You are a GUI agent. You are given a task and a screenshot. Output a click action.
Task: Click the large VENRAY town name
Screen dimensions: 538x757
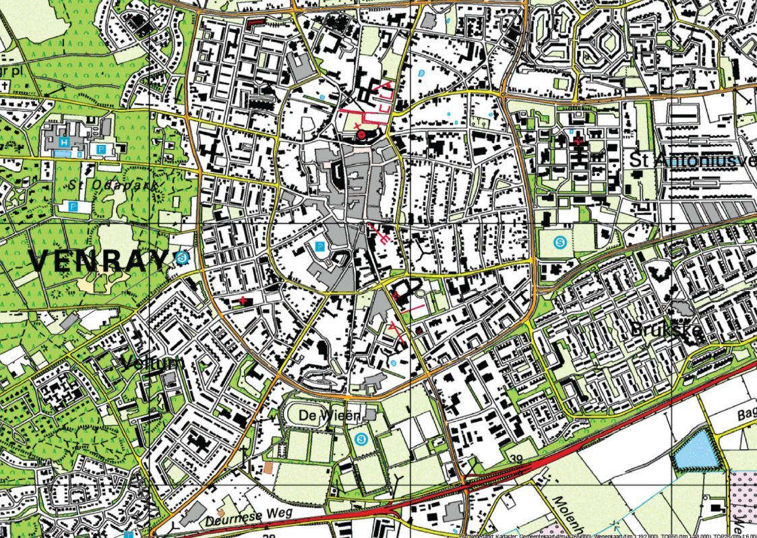pyautogui.click(x=98, y=260)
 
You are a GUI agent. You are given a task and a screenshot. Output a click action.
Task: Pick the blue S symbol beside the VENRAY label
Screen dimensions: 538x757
pyautogui.click(x=180, y=257)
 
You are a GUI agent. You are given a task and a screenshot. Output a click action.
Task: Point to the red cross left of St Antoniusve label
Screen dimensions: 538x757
pyautogui.click(x=577, y=140)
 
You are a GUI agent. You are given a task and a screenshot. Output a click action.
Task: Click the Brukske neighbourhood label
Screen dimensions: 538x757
pyautogui.click(x=666, y=329)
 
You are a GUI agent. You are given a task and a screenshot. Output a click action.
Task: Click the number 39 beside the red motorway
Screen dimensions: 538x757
pyautogui.click(x=517, y=459)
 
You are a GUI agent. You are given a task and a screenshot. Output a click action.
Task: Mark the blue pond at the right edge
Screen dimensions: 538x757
pyautogui.click(x=696, y=450)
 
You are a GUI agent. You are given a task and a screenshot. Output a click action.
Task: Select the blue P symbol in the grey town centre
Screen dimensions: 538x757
pyautogui.click(x=320, y=247)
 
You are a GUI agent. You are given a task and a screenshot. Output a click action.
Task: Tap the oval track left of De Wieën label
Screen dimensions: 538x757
pyautogui.click(x=306, y=413)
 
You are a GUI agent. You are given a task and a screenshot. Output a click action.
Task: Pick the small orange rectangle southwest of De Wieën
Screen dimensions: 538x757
pyautogui.click(x=269, y=467)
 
